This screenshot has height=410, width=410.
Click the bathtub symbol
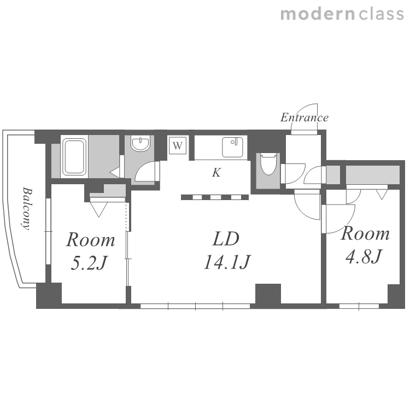(x=74, y=157)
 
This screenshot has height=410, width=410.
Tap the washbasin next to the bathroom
(x=140, y=144)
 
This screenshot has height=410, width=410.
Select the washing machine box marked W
(x=178, y=145)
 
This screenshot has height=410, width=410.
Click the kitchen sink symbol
(x=232, y=147)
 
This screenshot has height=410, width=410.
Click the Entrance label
(x=304, y=118)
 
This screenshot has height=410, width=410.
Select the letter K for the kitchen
(x=216, y=173)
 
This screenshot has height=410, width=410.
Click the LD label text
(x=226, y=239)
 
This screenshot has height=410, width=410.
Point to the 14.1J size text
(x=227, y=262)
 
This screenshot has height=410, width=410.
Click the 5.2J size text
(x=89, y=263)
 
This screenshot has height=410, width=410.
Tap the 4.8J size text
(x=364, y=256)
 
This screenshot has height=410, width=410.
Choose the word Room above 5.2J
(x=90, y=239)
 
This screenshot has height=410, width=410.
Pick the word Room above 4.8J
(x=365, y=233)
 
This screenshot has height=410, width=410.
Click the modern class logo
(x=342, y=14)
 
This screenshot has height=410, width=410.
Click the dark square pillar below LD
(x=268, y=294)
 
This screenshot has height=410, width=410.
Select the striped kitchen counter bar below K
(x=215, y=197)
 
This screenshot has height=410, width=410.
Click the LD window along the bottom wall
(x=195, y=306)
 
